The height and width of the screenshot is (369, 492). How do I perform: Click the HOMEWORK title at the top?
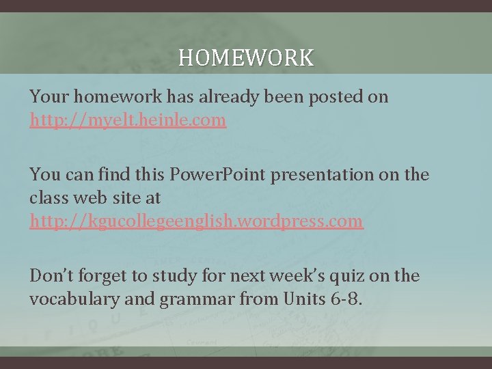(246, 57)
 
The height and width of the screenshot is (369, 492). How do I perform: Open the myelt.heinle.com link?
(128, 121)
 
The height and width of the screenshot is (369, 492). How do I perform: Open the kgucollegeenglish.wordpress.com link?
(197, 221)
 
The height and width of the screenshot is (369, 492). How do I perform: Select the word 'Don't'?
(51, 275)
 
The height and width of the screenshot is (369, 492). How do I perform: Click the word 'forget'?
(102, 276)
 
